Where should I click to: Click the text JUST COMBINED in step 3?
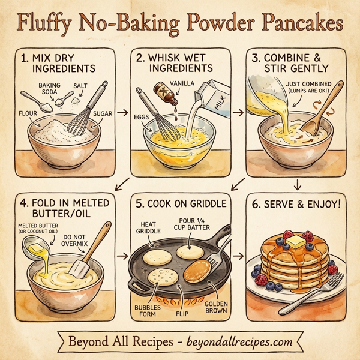click(x=298, y=85)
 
